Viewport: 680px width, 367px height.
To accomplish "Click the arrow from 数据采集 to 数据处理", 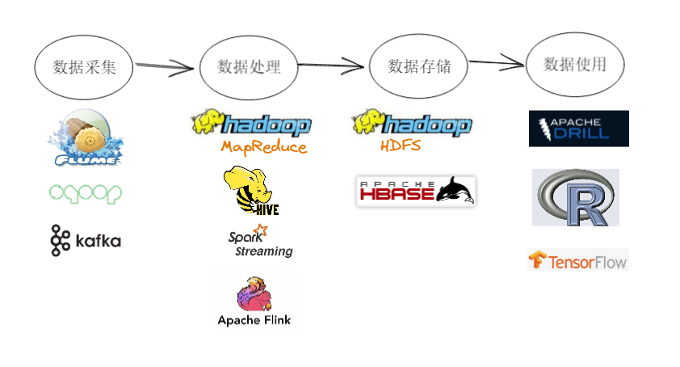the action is tap(165, 66).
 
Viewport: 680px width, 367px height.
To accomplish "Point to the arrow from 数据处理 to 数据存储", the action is tap(331, 65).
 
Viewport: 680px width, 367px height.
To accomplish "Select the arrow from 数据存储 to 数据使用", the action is tap(497, 63).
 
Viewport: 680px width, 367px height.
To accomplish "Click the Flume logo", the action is tap(86, 137).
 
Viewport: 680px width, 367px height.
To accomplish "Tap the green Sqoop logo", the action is tap(86, 194).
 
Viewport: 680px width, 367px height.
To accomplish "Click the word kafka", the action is tap(99, 241).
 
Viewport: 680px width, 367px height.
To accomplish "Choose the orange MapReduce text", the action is tap(263, 147).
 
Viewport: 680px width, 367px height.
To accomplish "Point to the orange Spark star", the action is tap(261, 230).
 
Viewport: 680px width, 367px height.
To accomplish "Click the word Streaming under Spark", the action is tap(264, 251).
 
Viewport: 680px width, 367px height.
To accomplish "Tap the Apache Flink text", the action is tap(254, 320).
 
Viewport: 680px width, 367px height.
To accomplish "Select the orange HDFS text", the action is tap(401, 145).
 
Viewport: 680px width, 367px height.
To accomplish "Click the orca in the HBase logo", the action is tap(455, 190).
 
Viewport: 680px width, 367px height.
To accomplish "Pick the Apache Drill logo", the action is tap(579, 129).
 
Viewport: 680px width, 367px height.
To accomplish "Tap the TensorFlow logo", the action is tap(578, 260).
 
